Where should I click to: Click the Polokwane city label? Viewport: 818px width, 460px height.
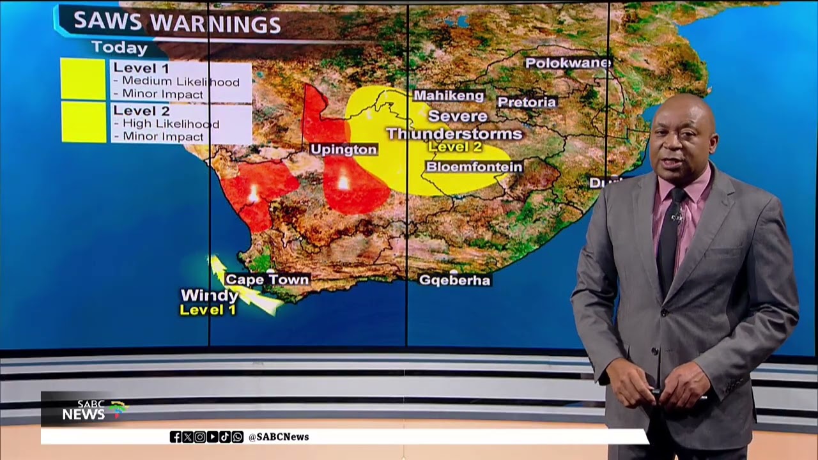tap(568, 63)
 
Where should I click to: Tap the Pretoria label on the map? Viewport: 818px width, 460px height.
tap(527, 102)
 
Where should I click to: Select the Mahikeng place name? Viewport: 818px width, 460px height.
tap(449, 96)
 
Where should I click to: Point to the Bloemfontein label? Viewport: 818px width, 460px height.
tap(474, 167)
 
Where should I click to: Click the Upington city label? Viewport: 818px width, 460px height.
tap(344, 149)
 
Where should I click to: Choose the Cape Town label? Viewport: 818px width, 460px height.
tap(267, 279)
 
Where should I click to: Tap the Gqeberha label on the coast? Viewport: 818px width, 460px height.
tap(454, 280)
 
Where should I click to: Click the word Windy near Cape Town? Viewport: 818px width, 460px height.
tap(210, 296)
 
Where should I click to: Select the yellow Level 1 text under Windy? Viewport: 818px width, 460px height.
tap(208, 310)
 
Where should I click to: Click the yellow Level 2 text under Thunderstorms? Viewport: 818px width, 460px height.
tap(455, 147)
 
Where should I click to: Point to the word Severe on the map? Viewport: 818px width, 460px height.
tap(458, 116)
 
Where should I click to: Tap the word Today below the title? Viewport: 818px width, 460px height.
tap(120, 47)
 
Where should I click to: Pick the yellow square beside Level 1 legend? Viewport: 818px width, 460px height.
tap(83, 79)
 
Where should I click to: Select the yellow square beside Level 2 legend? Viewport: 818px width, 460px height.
tap(84, 122)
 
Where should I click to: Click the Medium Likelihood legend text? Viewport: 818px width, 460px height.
tap(181, 81)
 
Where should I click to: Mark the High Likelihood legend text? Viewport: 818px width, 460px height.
tap(171, 124)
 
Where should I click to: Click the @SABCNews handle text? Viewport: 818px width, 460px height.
tap(278, 437)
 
